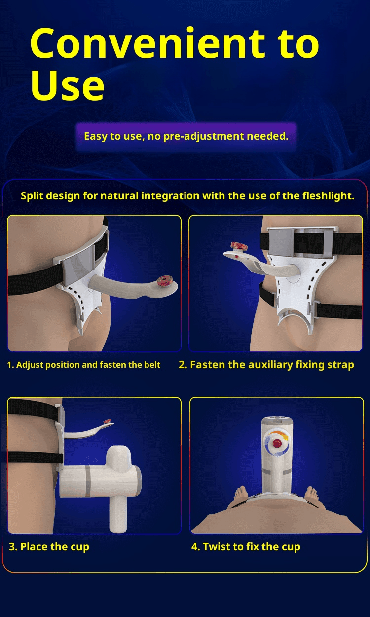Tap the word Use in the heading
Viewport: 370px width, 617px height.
(68, 85)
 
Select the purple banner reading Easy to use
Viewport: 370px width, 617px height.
(186, 137)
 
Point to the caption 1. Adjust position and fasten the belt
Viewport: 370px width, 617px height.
(84, 365)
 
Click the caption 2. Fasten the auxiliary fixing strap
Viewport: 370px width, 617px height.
(266, 365)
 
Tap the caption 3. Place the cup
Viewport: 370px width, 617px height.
(49, 547)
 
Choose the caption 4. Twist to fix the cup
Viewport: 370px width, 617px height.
(246, 547)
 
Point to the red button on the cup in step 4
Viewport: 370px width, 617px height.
(276, 443)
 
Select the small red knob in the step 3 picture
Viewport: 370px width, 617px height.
(107, 421)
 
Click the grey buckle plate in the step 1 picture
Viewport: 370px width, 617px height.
(79, 265)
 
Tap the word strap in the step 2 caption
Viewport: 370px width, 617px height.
(340, 365)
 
